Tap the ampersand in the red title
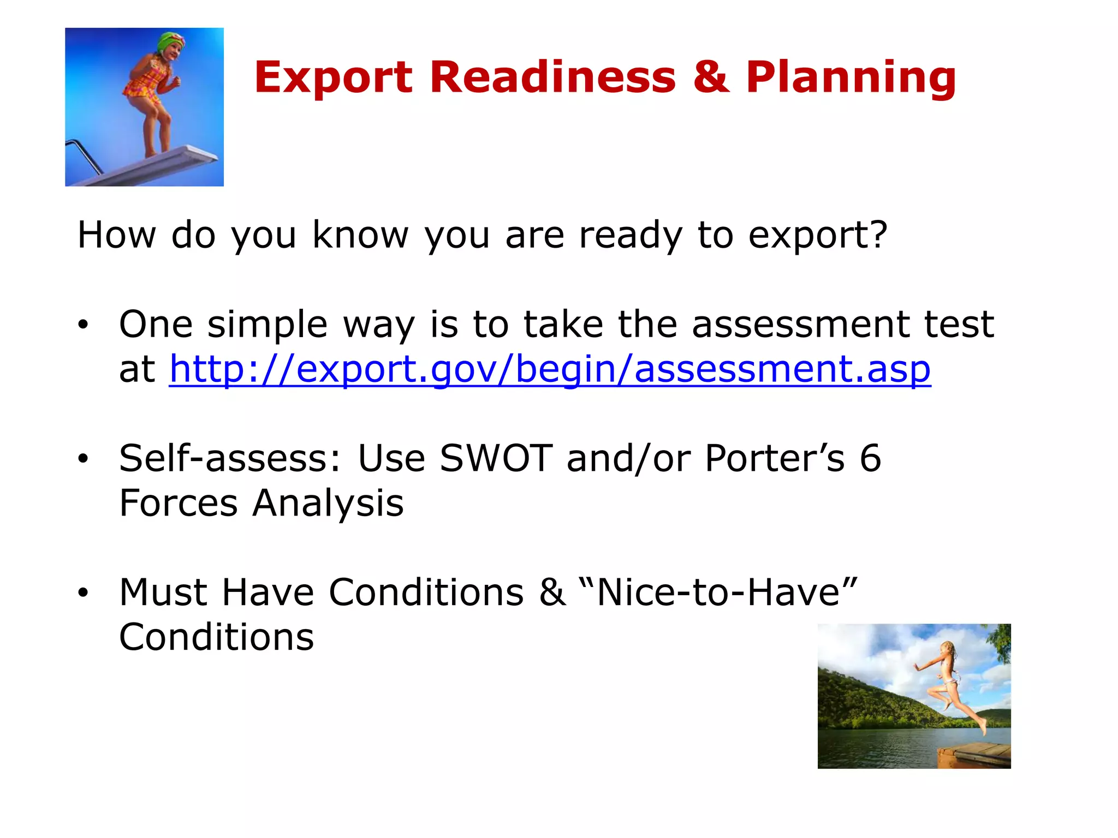711,77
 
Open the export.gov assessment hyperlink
550,369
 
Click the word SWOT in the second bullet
496,458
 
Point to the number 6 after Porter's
870,458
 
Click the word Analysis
328,504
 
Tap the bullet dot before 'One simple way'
83,325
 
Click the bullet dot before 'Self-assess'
83,459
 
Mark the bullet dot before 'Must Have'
83,592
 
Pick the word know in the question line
360,236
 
